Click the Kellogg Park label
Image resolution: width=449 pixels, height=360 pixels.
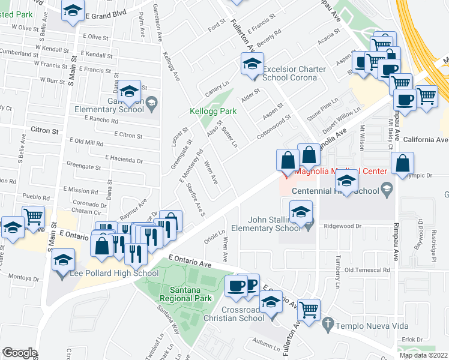tap(213, 111)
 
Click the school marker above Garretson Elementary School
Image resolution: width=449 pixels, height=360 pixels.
tap(129, 92)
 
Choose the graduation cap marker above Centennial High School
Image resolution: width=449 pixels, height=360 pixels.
tap(346, 181)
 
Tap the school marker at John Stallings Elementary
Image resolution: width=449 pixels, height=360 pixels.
tap(301, 212)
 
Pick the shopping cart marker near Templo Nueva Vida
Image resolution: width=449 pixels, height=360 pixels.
tap(309, 310)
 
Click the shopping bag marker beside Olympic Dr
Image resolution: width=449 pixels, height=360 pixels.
tap(402, 163)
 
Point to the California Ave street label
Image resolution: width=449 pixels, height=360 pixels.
tap(426, 140)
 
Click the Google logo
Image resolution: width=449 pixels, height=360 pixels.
tap(19, 353)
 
